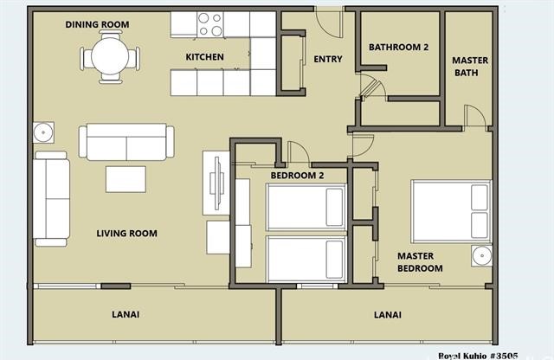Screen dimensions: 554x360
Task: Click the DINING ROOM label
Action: pos(97,24)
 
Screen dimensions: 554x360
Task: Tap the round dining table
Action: pos(110,56)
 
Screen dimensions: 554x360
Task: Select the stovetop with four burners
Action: pos(210,24)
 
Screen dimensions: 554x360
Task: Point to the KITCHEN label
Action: pos(204,57)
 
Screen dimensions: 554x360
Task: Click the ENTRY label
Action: pos(328,59)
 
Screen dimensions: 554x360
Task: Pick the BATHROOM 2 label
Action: pos(398,47)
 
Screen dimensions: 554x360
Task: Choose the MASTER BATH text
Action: pos(469,67)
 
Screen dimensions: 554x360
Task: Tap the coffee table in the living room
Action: pos(126,179)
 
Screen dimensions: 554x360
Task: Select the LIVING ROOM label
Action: pos(127,233)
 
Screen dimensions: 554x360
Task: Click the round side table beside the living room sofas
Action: pos(43,132)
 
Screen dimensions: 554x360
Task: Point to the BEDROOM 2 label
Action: pos(297,175)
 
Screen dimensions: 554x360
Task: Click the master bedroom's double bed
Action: pos(451,212)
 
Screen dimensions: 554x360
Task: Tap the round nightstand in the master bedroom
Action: pos(481,255)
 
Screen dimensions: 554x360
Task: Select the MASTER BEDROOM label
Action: pos(420,262)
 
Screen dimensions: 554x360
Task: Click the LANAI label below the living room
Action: pos(126,314)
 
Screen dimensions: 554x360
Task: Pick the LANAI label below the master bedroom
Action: pos(388,314)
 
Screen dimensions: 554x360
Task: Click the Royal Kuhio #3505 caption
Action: pos(478,356)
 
